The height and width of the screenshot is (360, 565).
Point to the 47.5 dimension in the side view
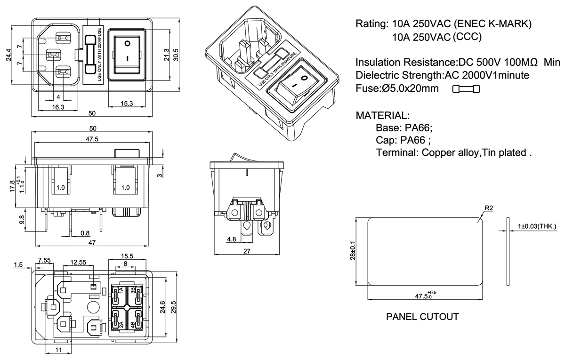click(x=92, y=139)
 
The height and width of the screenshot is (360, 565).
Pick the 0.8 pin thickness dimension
click(x=85, y=233)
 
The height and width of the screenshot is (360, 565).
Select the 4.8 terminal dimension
click(x=231, y=240)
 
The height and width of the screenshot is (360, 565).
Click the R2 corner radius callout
click(x=488, y=208)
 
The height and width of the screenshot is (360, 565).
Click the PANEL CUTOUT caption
click(x=422, y=317)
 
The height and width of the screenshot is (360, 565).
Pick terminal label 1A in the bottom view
click(x=121, y=290)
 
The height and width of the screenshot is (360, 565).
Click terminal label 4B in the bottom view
click(x=133, y=324)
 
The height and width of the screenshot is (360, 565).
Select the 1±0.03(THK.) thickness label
click(x=537, y=226)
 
